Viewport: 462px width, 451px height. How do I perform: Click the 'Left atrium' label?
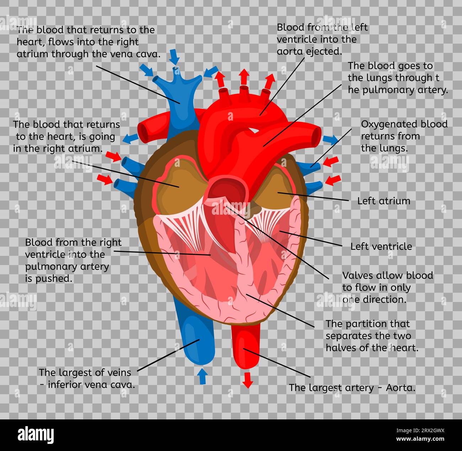(383, 201)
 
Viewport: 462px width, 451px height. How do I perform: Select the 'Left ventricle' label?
(381, 246)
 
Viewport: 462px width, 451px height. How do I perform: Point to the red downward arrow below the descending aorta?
(248, 380)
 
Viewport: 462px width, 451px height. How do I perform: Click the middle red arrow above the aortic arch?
(244, 77)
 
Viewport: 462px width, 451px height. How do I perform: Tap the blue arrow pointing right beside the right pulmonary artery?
(331, 139)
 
